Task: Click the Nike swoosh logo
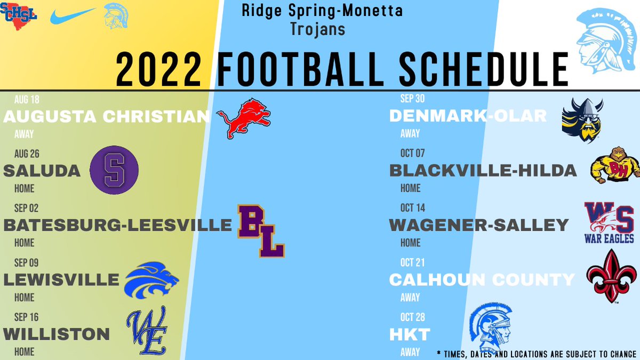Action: [73, 16]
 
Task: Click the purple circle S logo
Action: [114, 170]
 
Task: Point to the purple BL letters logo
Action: [261, 231]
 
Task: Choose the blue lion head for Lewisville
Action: [151, 280]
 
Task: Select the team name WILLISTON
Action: [57, 334]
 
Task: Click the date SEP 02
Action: [26, 208]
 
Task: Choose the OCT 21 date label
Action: [412, 262]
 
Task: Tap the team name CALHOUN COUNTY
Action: [482, 279]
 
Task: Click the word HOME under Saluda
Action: [25, 188]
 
